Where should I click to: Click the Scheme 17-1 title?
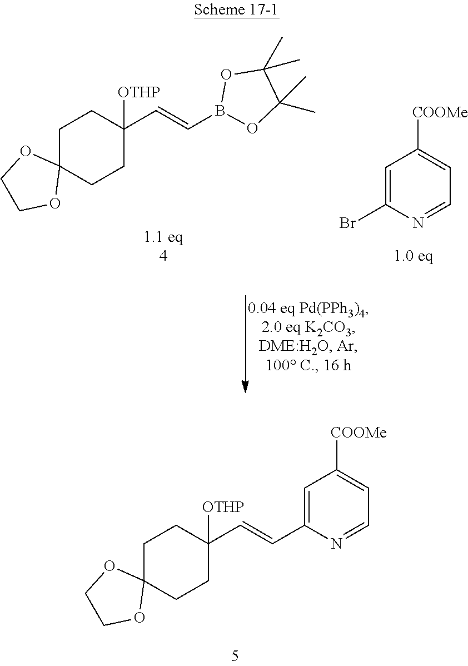tap(236, 9)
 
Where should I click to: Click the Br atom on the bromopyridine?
tap(347, 222)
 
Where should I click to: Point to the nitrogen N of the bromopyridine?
tap(419, 222)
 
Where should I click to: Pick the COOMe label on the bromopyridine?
tap(440, 112)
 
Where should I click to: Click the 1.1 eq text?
tap(163, 237)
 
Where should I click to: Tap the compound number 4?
tap(163, 256)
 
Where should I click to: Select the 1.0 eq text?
tap(413, 256)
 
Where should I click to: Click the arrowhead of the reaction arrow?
tap(245, 386)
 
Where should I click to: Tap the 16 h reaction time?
tap(337, 365)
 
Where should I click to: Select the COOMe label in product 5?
tap(359, 433)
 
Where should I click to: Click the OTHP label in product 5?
tap(223, 506)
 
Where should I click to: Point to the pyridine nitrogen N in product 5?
tap(336, 544)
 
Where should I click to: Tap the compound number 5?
tap(235, 656)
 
